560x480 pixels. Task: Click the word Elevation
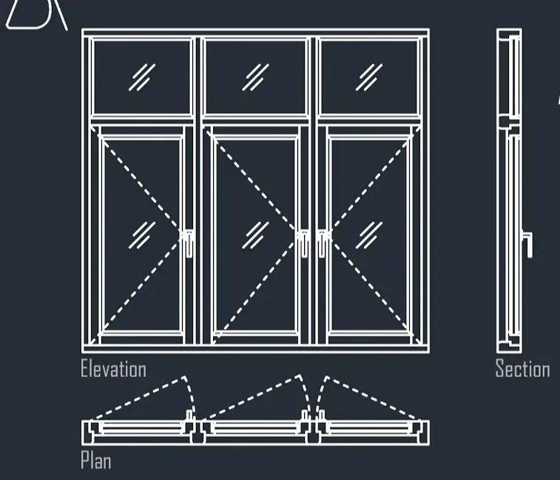click(x=114, y=368)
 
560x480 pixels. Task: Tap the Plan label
click(x=95, y=460)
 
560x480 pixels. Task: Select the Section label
click(x=522, y=368)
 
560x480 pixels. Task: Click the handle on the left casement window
click(x=188, y=243)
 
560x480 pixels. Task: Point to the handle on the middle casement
click(x=303, y=243)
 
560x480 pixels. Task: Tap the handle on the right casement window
click(x=322, y=243)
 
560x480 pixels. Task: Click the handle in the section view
click(x=528, y=244)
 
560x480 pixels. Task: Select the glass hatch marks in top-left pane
click(x=142, y=77)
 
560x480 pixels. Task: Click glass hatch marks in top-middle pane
click(x=255, y=77)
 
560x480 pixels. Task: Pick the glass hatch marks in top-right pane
click(x=369, y=77)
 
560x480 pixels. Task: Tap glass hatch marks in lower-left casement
click(x=142, y=235)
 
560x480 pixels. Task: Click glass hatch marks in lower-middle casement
click(x=255, y=235)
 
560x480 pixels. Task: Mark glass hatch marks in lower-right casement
click(x=369, y=235)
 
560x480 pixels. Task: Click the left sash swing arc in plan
click(x=191, y=393)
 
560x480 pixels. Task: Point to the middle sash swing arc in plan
click(x=307, y=392)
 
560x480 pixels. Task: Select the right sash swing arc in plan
click(x=319, y=392)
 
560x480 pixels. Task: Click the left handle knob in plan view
click(x=189, y=415)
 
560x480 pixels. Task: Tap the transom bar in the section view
click(x=508, y=123)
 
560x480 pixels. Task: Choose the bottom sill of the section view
click(x=509, y=348)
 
